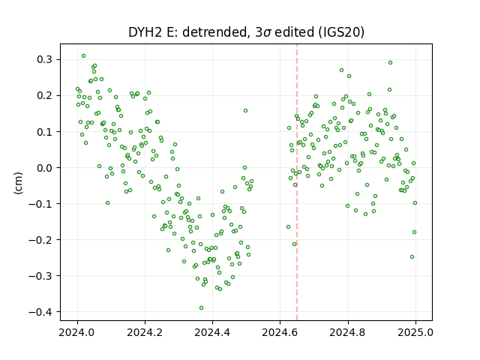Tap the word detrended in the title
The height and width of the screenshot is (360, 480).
[215, 32]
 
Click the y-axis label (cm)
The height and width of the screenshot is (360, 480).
[18, 183]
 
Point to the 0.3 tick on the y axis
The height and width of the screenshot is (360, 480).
[44, 59]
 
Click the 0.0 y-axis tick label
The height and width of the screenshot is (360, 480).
[44, 168]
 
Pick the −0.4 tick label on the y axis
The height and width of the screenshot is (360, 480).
[40, 312]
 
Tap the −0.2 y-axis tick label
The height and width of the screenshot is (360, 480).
[40, 240]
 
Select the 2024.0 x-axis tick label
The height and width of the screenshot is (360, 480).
[77, 332]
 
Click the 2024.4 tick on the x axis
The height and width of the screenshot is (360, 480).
[212, 332]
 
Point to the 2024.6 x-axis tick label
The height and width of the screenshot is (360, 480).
[280, 332]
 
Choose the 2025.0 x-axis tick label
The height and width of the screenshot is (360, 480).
[415, 332]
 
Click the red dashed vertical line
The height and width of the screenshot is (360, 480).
[297, 182]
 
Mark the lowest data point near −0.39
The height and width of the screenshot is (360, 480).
[201, 307]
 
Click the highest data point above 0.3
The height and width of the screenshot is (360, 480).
[83, 56]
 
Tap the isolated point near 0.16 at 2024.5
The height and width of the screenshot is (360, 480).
[245, 110]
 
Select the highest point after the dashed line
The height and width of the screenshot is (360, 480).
[390, 63]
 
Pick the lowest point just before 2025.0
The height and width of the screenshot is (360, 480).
[412, 256]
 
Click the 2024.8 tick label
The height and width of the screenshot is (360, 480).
[348, 332]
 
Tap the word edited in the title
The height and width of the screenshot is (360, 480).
[295, 32]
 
